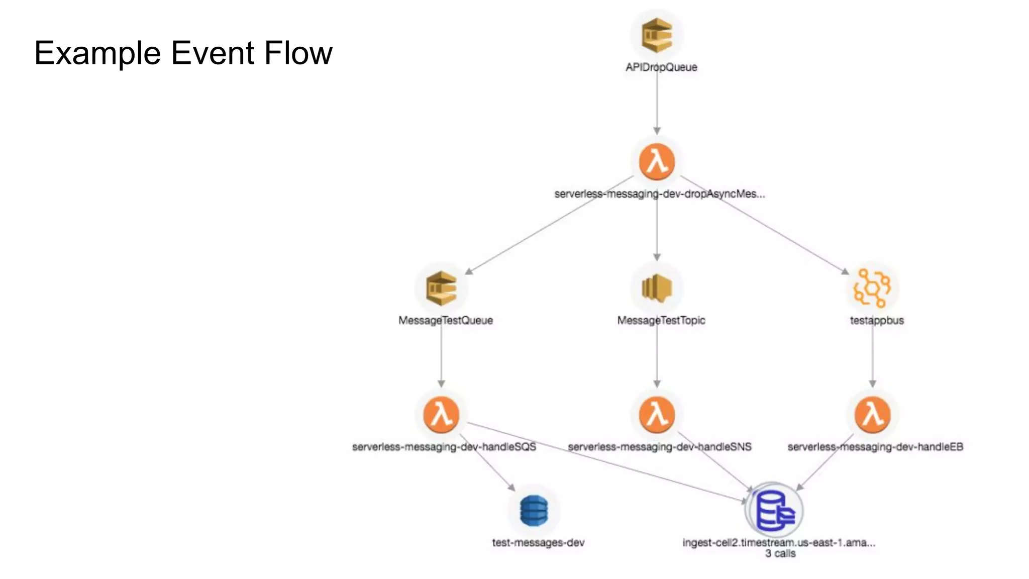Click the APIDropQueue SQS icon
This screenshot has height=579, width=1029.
657,35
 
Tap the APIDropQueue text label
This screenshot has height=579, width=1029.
661,67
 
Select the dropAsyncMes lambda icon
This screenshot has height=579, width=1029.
657,162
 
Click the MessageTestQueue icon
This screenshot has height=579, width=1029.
441,288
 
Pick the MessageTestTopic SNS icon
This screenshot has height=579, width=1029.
657,288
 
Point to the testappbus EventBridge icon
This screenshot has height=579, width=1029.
872,288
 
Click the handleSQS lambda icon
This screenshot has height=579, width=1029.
441,415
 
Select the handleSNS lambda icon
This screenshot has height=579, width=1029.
657,415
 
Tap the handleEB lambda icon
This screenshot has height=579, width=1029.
872,415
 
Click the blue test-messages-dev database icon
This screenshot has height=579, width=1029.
534,511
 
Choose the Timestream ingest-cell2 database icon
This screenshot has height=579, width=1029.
774,511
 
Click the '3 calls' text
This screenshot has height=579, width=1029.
780,553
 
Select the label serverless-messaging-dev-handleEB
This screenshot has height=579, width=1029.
875,447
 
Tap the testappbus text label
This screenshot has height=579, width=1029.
877,320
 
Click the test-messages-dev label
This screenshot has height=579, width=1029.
538,542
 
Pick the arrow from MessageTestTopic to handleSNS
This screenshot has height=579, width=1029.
657,357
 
